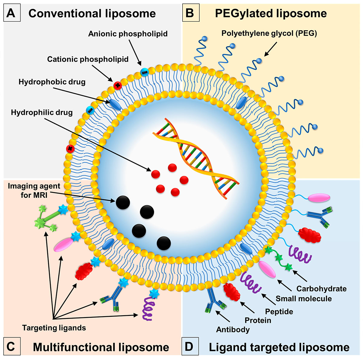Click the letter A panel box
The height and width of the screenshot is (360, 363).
tap(12, 13)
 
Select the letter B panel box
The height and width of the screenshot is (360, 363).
tap(191, 13)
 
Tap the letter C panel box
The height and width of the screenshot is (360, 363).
tap(12, 346)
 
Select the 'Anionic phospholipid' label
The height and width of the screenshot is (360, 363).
tap(128, 34)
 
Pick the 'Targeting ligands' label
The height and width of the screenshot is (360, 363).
tap(54, 328)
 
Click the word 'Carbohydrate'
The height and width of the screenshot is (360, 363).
tap(321, 289)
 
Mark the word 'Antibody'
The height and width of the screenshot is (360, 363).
tap(233, 329)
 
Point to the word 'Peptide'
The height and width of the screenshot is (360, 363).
tap(279, 311)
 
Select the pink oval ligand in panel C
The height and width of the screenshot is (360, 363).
tap(63, 245)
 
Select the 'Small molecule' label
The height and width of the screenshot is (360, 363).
tap(303, 299)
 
